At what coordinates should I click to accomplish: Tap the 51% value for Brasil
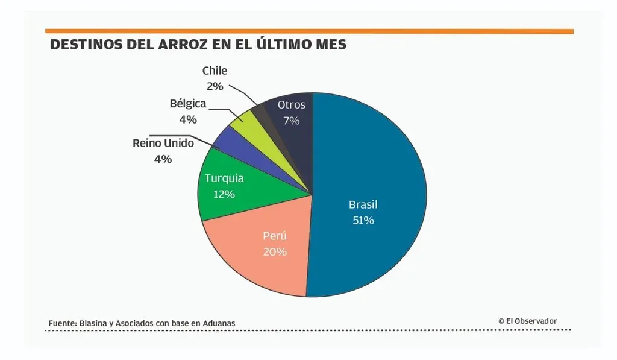(363, 220)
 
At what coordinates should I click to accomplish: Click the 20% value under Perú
(275, 251)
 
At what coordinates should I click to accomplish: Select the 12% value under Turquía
(224, 194)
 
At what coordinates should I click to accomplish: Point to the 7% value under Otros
(292, 120)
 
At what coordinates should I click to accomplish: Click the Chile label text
(215, 71)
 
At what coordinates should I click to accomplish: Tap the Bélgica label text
(188, 103)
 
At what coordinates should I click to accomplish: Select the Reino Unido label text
(163, 143)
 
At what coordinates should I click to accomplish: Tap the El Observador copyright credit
(527, 321)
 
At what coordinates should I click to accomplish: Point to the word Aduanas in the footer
(218, 323)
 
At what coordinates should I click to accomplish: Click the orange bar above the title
(308, 31)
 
